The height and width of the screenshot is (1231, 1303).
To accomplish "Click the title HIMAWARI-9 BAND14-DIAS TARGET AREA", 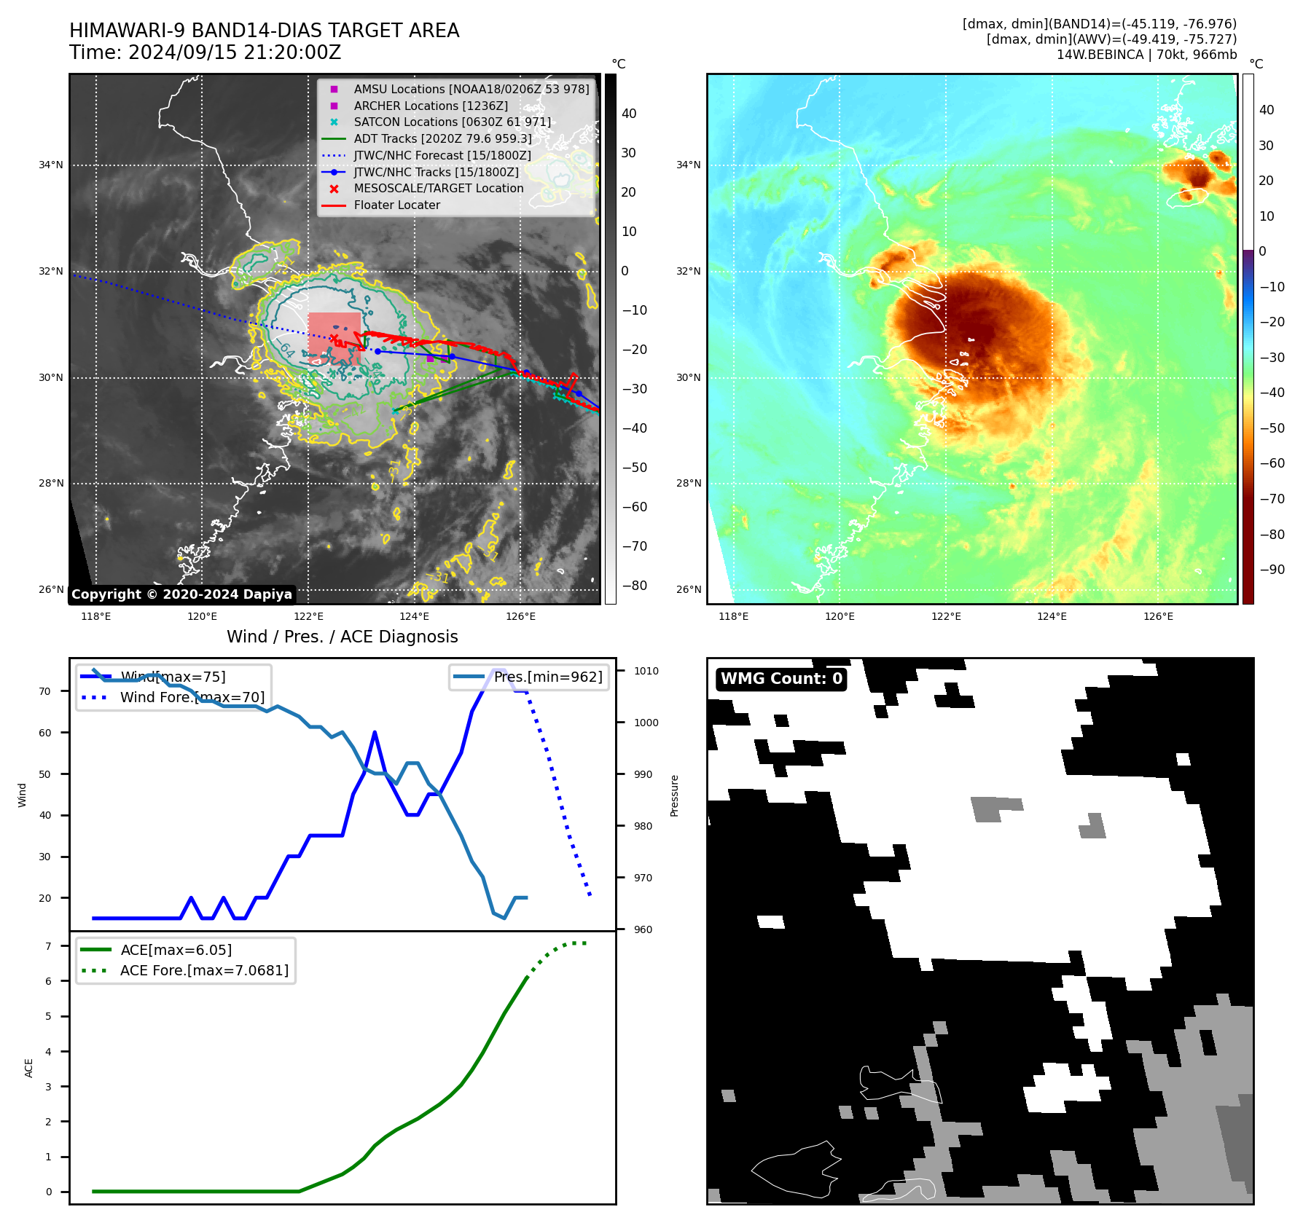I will pos(264,31).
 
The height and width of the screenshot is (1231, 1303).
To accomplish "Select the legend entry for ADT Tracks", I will pos(442,138).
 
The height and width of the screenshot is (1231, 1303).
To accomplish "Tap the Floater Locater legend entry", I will pos(396,205).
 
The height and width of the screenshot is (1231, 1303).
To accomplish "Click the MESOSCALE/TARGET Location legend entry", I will pos(438,189).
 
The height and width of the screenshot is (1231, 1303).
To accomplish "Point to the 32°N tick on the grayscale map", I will pos(51,272).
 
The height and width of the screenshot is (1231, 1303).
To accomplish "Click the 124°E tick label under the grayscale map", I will pos(414,616).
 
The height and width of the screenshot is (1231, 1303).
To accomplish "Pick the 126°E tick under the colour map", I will pos(1158,616).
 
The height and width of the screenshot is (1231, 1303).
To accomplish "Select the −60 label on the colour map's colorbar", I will pos(1272,463).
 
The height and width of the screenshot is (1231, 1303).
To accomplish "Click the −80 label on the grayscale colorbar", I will pos(634,586).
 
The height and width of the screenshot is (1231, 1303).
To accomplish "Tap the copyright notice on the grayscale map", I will pos(181,594).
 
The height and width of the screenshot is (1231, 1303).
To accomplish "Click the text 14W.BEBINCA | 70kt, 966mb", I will pos(1146,55).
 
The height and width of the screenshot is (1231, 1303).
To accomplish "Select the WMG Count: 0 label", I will pos(781,679).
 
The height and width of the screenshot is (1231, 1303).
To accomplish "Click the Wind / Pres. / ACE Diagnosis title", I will pos(342,637).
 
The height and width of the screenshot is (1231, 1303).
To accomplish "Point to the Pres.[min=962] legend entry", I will pos(547,677).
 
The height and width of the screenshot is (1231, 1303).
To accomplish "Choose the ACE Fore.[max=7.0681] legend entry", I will pos(204,970).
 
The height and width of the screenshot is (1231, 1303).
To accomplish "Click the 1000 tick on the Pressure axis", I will pos(646,723).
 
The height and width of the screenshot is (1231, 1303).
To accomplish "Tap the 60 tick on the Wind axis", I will pos(45,733).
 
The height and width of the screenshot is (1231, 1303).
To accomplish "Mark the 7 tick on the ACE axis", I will pos(48,946).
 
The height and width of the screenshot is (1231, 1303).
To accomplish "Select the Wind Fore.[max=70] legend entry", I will pos(192,697).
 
